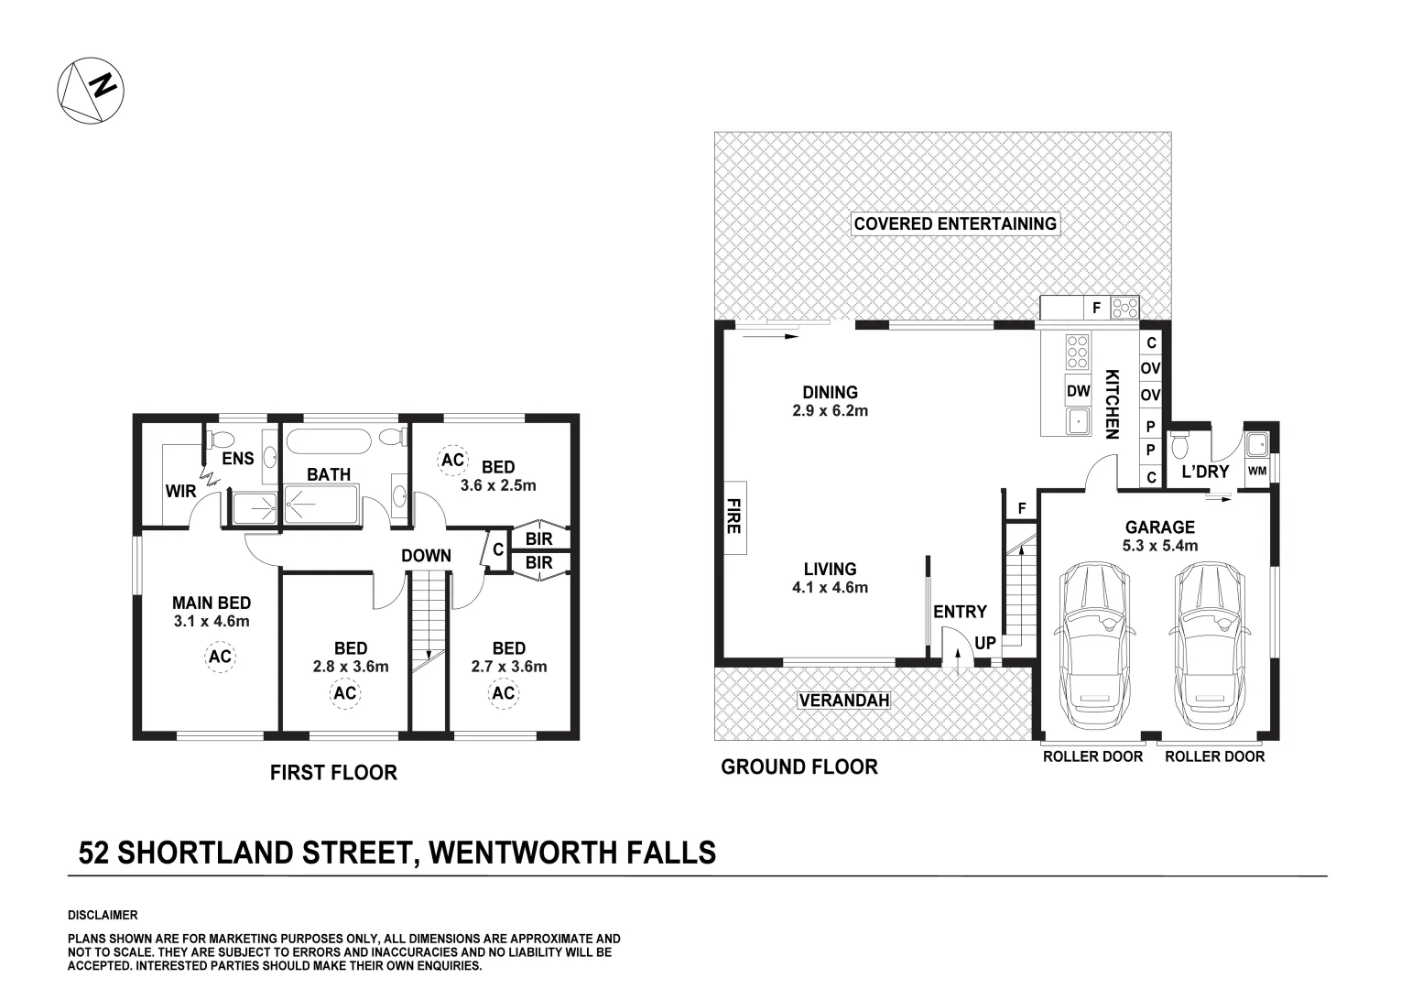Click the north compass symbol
coord(91,91)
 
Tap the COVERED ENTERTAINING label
coord(955,223)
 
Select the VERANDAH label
coord(844,700)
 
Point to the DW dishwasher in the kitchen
coord(1079,391)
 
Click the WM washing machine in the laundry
coord(1257,471)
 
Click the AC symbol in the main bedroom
coord(220,657)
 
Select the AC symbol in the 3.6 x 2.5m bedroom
coord(452,460)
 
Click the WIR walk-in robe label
coord(181,491)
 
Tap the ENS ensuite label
coord(238,458)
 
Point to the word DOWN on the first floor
coord(426,555)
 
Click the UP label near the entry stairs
coord(985,643)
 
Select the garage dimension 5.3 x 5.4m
coord(1160,546)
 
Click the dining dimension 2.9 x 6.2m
coord(831,411)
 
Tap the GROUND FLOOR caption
coord(799,767)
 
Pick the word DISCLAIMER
coord(103,915)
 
